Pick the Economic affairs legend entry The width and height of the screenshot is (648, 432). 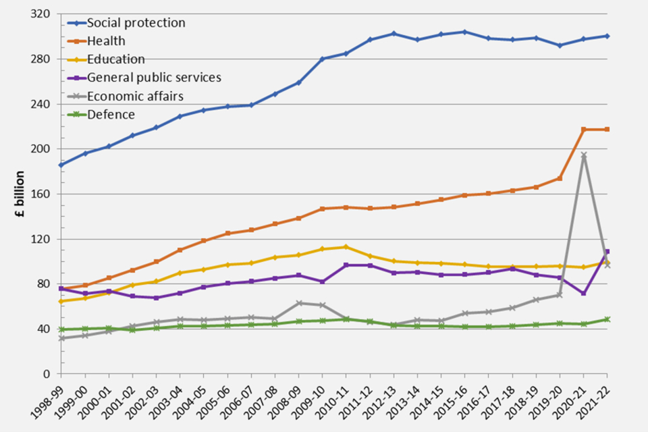click(x=134, y=97)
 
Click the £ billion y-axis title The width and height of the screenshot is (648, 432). click(x=21, y=193)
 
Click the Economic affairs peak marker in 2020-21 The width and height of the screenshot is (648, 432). click(x=584, y=156)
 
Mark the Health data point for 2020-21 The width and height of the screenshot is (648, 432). click(x=584, y=130)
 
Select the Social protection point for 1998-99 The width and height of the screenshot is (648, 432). click(x=61, y=165)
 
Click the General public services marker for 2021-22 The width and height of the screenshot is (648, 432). click(x=607, y=252)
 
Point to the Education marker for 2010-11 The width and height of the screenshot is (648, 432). click(x=346, y=246)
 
